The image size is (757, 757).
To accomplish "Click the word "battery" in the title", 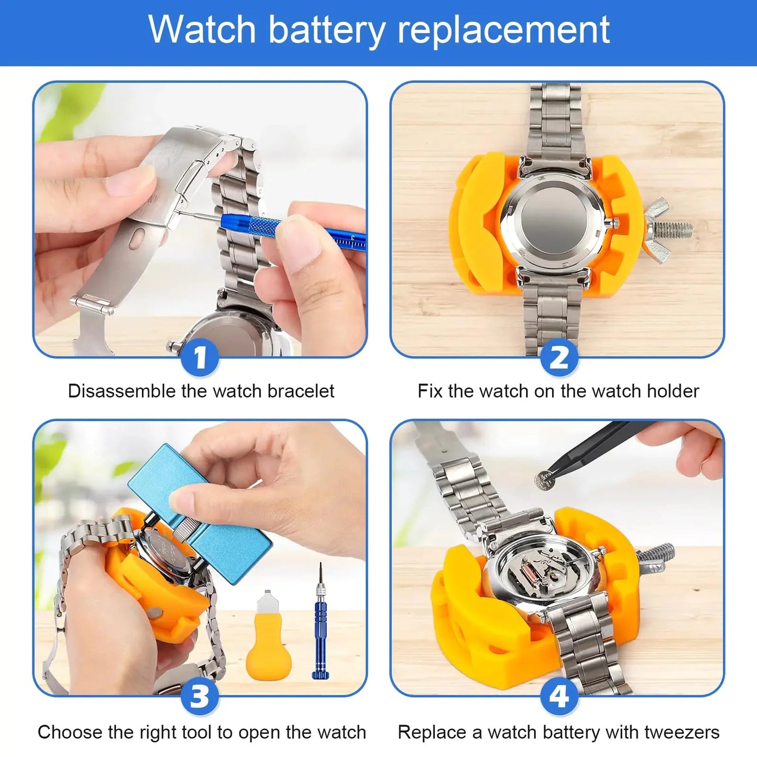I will click(x=326, y=30).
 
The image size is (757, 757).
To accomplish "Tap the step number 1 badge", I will click(x=200, y=359).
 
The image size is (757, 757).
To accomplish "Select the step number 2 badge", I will click(x=559, y=359).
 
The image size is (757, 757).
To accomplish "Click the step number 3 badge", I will click(x=200, y=697).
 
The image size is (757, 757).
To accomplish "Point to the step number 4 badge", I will click(x=559, y=697).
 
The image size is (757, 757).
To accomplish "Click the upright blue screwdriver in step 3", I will click(x=320, y=623).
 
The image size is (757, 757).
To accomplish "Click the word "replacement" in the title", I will click(x=503, y=30).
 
